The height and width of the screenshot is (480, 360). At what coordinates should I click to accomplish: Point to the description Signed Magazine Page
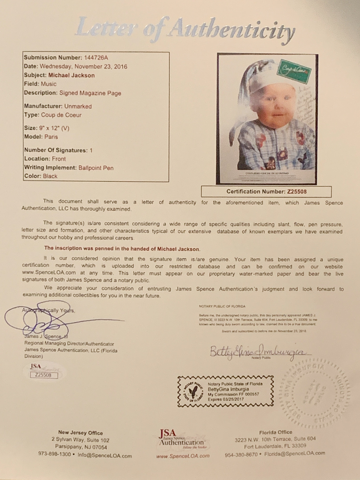click(90, 93)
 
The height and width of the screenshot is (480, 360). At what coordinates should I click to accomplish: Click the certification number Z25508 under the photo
click(296, 192)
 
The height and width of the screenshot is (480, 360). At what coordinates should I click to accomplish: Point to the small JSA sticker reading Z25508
click(44, 372)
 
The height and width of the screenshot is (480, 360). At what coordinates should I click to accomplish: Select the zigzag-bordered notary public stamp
click(225, 391)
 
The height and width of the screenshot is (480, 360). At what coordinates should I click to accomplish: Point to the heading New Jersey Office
click(80, 432)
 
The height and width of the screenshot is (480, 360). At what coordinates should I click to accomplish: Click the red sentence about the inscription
click(121, 248)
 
